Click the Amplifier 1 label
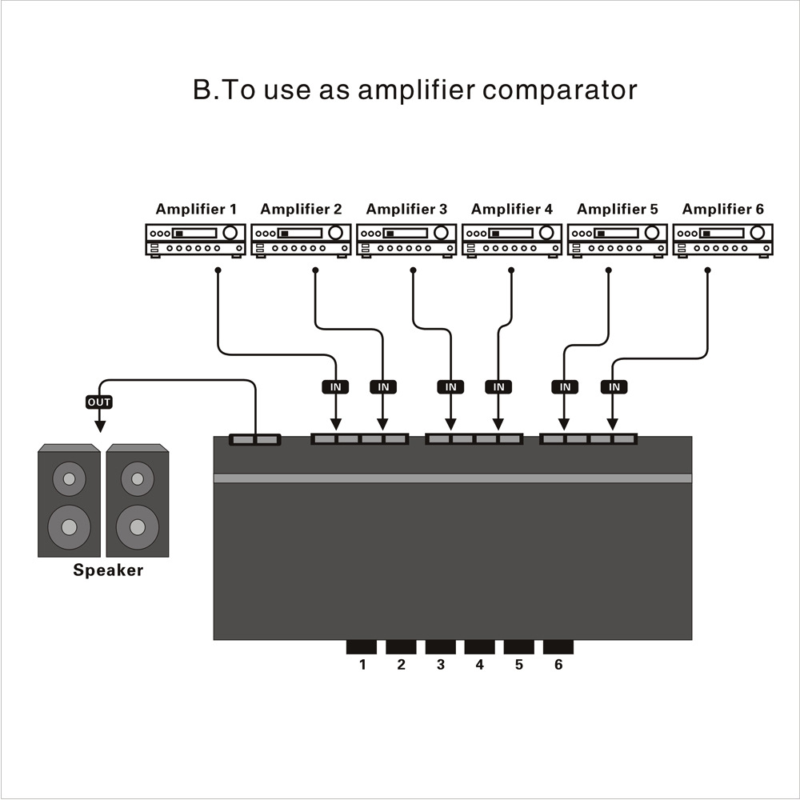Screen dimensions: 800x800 pos(196,210)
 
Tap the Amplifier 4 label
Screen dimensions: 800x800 pos(511,210)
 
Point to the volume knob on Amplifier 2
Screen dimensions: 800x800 pos(336,233)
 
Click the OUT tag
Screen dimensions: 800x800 pos(99,402)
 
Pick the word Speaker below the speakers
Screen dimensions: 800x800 pos(108,570)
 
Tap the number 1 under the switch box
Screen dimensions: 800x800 pos(362,665)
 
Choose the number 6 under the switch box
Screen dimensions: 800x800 pos(558,665)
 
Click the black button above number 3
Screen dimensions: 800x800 pos(440,646)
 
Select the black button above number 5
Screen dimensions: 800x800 pos(518,646)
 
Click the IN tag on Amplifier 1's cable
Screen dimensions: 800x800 pos(336,387)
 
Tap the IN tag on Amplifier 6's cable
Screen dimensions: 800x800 pos(614,387)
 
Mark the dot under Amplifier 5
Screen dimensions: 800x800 pos(609,270)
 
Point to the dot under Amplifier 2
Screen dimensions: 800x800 pos(315,270)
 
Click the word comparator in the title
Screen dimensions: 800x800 pos(560,90)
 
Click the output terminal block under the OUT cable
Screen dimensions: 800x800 pos(254,440)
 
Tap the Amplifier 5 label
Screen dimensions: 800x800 pos(617,210)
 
